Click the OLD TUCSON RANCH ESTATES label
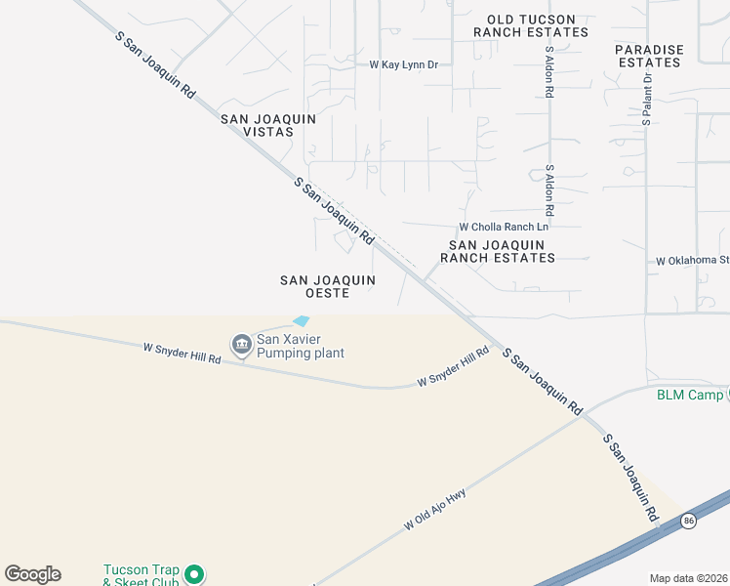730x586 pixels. pyautogui.click(x=531, y=25)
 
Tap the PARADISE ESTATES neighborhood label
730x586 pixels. pyautogui.click(x=649, y=56)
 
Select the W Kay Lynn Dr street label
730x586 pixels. pyautogui.click(x=403, y=64)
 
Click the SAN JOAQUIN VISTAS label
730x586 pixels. pyautogui.click(x=268, y=125)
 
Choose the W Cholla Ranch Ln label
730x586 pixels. pyautogui.click(x=505, y=227)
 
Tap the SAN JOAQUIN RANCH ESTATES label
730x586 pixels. pyautogui.click(x=498, y=251)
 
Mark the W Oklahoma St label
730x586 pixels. pyautogui.click(x=693, y=261)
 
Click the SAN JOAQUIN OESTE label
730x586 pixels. pyautogui.click(x=328, y=286)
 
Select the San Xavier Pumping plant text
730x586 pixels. pyautogui.click(x=300, y=347)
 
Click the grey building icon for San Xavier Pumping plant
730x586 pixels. pyautogui.click(x=240, y=344)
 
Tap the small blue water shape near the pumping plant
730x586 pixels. pyautogui.click(x=301, y=320)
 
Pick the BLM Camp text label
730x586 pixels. pyautogui.click(x=689, y=395)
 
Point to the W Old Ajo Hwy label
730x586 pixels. pyautogui.click(x=435, y=510)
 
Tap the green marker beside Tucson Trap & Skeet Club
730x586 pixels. pyautogui.click(x=194, y=573)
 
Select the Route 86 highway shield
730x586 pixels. pyautogui.click(x=689, y=521)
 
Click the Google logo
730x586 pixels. pyautogui.click(x=32, y=573)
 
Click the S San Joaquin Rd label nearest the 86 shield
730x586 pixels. pyautogui.click(x=630, y=477)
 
